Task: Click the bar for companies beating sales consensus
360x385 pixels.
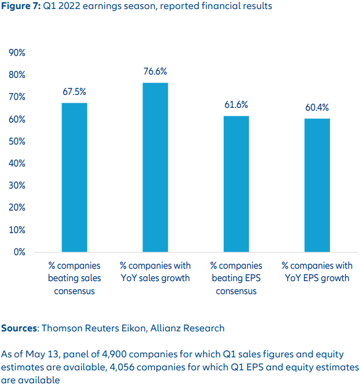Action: tap(75, 177)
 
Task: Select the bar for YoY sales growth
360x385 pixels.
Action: tap(155, 167)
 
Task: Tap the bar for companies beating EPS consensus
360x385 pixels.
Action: tap(236, 183)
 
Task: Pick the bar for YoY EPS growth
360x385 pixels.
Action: tap(317, 185)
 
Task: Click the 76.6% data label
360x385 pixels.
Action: tap(155, 72)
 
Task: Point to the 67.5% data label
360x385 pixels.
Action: tap(75, 92)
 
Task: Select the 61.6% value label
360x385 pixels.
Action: tap(236, 105)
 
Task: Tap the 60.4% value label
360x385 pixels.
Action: tap(317, 108)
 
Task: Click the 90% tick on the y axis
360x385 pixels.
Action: tap(17, 53)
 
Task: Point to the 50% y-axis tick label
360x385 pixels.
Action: tap(17, 141)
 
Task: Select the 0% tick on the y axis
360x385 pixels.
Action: tap(19, 252)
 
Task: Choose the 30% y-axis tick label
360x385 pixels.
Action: tap(17, 185)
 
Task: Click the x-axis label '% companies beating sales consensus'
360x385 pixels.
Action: tap(75, 278)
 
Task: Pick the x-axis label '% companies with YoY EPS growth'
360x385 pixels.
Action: tap(317, 272)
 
